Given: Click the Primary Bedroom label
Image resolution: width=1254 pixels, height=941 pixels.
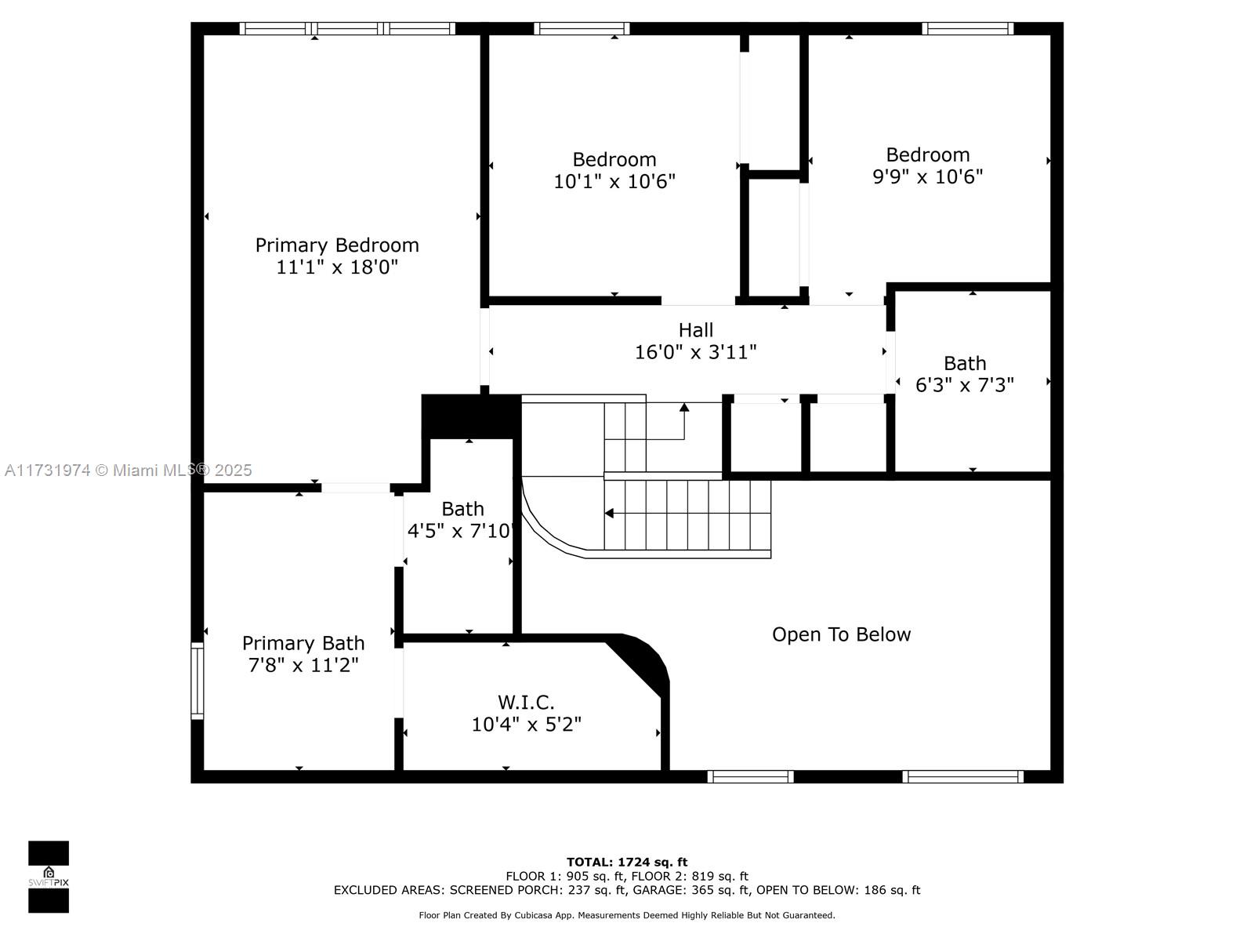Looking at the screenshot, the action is click(x=337, y=245).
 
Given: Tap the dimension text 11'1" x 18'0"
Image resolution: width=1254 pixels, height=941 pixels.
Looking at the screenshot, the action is click(x=337, y=267).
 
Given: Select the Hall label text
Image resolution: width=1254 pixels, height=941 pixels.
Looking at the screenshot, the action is click(x=696, y=329).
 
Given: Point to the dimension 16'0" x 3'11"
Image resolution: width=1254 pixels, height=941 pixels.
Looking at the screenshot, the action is click(x=696, y=352).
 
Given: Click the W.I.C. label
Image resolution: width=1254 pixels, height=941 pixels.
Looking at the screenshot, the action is click(x=526, y=702).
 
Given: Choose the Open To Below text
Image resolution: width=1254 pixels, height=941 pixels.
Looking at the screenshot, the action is click(x=841, y=634).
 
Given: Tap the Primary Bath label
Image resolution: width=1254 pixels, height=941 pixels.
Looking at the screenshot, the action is click(x=303, y=643).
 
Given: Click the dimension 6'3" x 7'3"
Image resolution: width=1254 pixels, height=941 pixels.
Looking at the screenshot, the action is click(x=964, y=385).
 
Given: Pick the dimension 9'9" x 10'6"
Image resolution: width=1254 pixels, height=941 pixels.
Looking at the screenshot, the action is click(x=927, y=176).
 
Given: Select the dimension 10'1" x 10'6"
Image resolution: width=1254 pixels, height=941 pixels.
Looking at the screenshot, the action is click(x=614, y=182).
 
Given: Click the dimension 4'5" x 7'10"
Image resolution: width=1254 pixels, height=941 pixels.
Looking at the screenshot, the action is click(x=461, y=531).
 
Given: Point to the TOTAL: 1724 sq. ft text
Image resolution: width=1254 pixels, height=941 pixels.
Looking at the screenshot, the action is click(x=627, y=862).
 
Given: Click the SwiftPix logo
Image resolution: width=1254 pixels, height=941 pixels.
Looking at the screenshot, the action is click(x=49, y=877).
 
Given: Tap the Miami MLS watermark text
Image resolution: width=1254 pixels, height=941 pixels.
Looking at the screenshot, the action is click(x=128, y=470).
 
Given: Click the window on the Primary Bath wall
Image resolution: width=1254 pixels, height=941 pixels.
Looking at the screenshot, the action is click(x=197, y=681).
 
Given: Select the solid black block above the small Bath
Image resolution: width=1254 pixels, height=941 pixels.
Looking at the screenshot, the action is click(x=471, y=416).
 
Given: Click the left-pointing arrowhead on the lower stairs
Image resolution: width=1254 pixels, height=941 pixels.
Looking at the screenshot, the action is click(x=609, y=513).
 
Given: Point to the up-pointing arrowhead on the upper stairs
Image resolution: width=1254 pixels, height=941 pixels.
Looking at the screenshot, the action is click(x=684, y=407).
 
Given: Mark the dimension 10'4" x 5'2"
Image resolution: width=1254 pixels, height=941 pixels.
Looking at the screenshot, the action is click(x=526, y=725).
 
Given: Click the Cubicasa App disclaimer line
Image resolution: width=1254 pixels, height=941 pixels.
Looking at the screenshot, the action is click(x=627, y=914).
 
